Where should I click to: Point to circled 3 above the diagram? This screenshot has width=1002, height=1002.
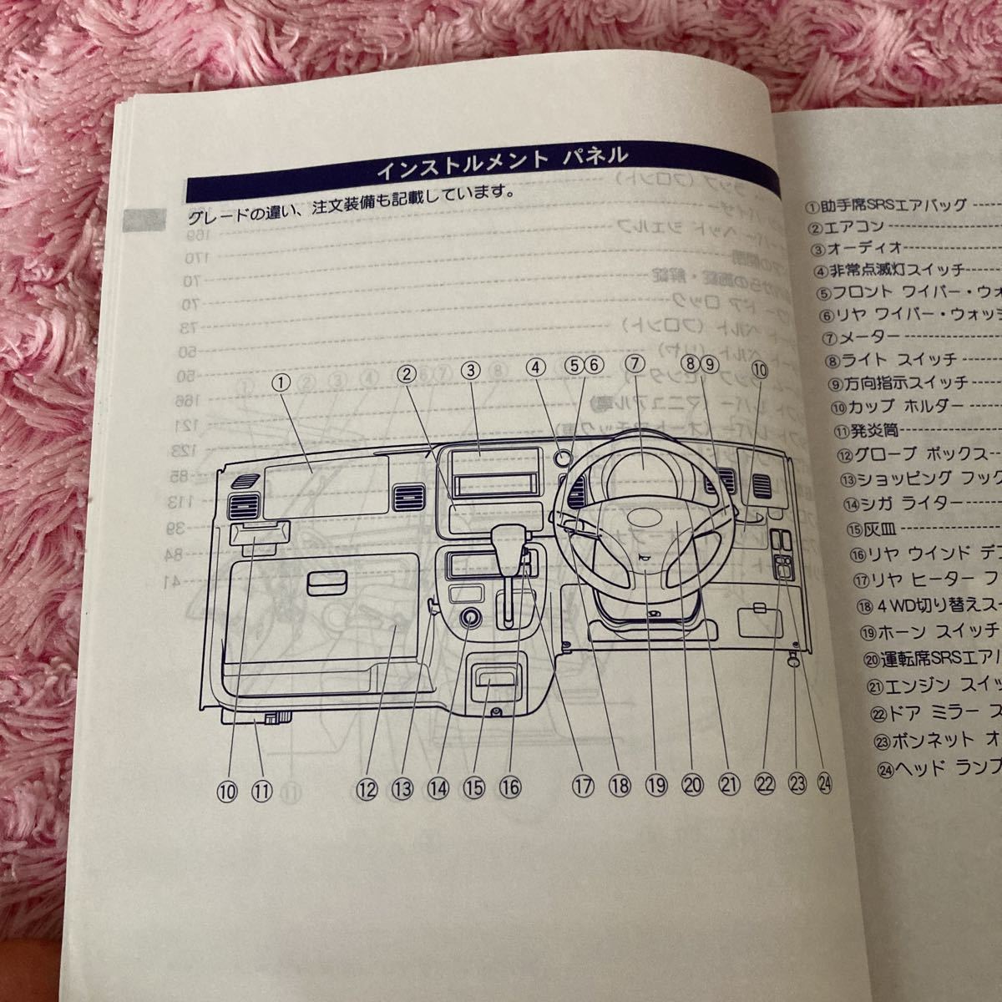[x=471, y=371]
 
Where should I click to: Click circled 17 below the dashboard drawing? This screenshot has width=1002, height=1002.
[x=582, y=785]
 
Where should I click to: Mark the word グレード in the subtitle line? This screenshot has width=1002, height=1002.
[x=216, y=216]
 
